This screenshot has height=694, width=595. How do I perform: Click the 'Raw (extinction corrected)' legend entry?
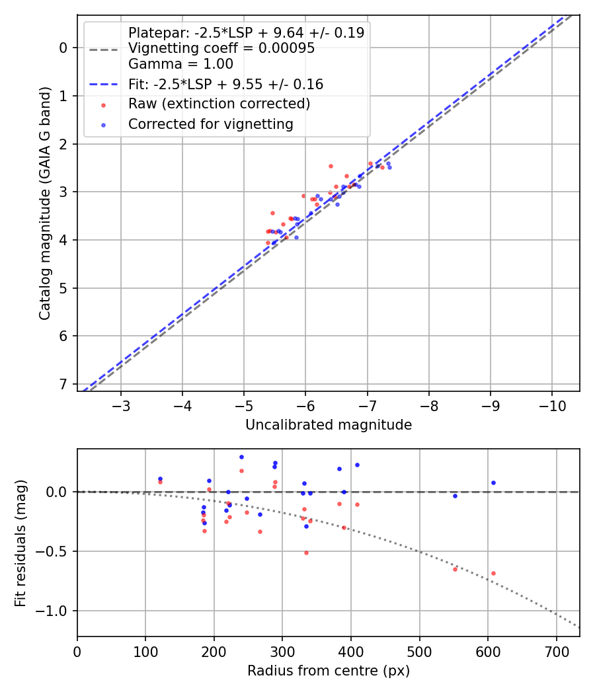click(219, 104)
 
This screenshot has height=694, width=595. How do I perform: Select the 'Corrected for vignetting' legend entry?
click(210, 124)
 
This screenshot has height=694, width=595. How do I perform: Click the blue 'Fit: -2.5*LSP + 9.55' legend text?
click(225, 85)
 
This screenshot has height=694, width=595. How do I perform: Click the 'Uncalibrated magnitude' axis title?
click(329, 425)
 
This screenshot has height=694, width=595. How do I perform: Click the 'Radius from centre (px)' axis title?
click(329, 671)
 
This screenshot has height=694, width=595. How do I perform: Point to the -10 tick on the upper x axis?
click(551, 405)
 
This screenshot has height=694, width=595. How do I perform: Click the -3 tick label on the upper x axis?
click(121, 405)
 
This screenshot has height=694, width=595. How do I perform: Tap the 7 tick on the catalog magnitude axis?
click(64, 384)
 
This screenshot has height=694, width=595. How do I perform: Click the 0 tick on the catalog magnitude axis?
click(64, 48)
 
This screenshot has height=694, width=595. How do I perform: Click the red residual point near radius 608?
click(493, 573)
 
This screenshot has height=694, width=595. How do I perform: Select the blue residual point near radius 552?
click(455, 496)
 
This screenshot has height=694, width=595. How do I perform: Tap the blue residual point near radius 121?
click(160, 479)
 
